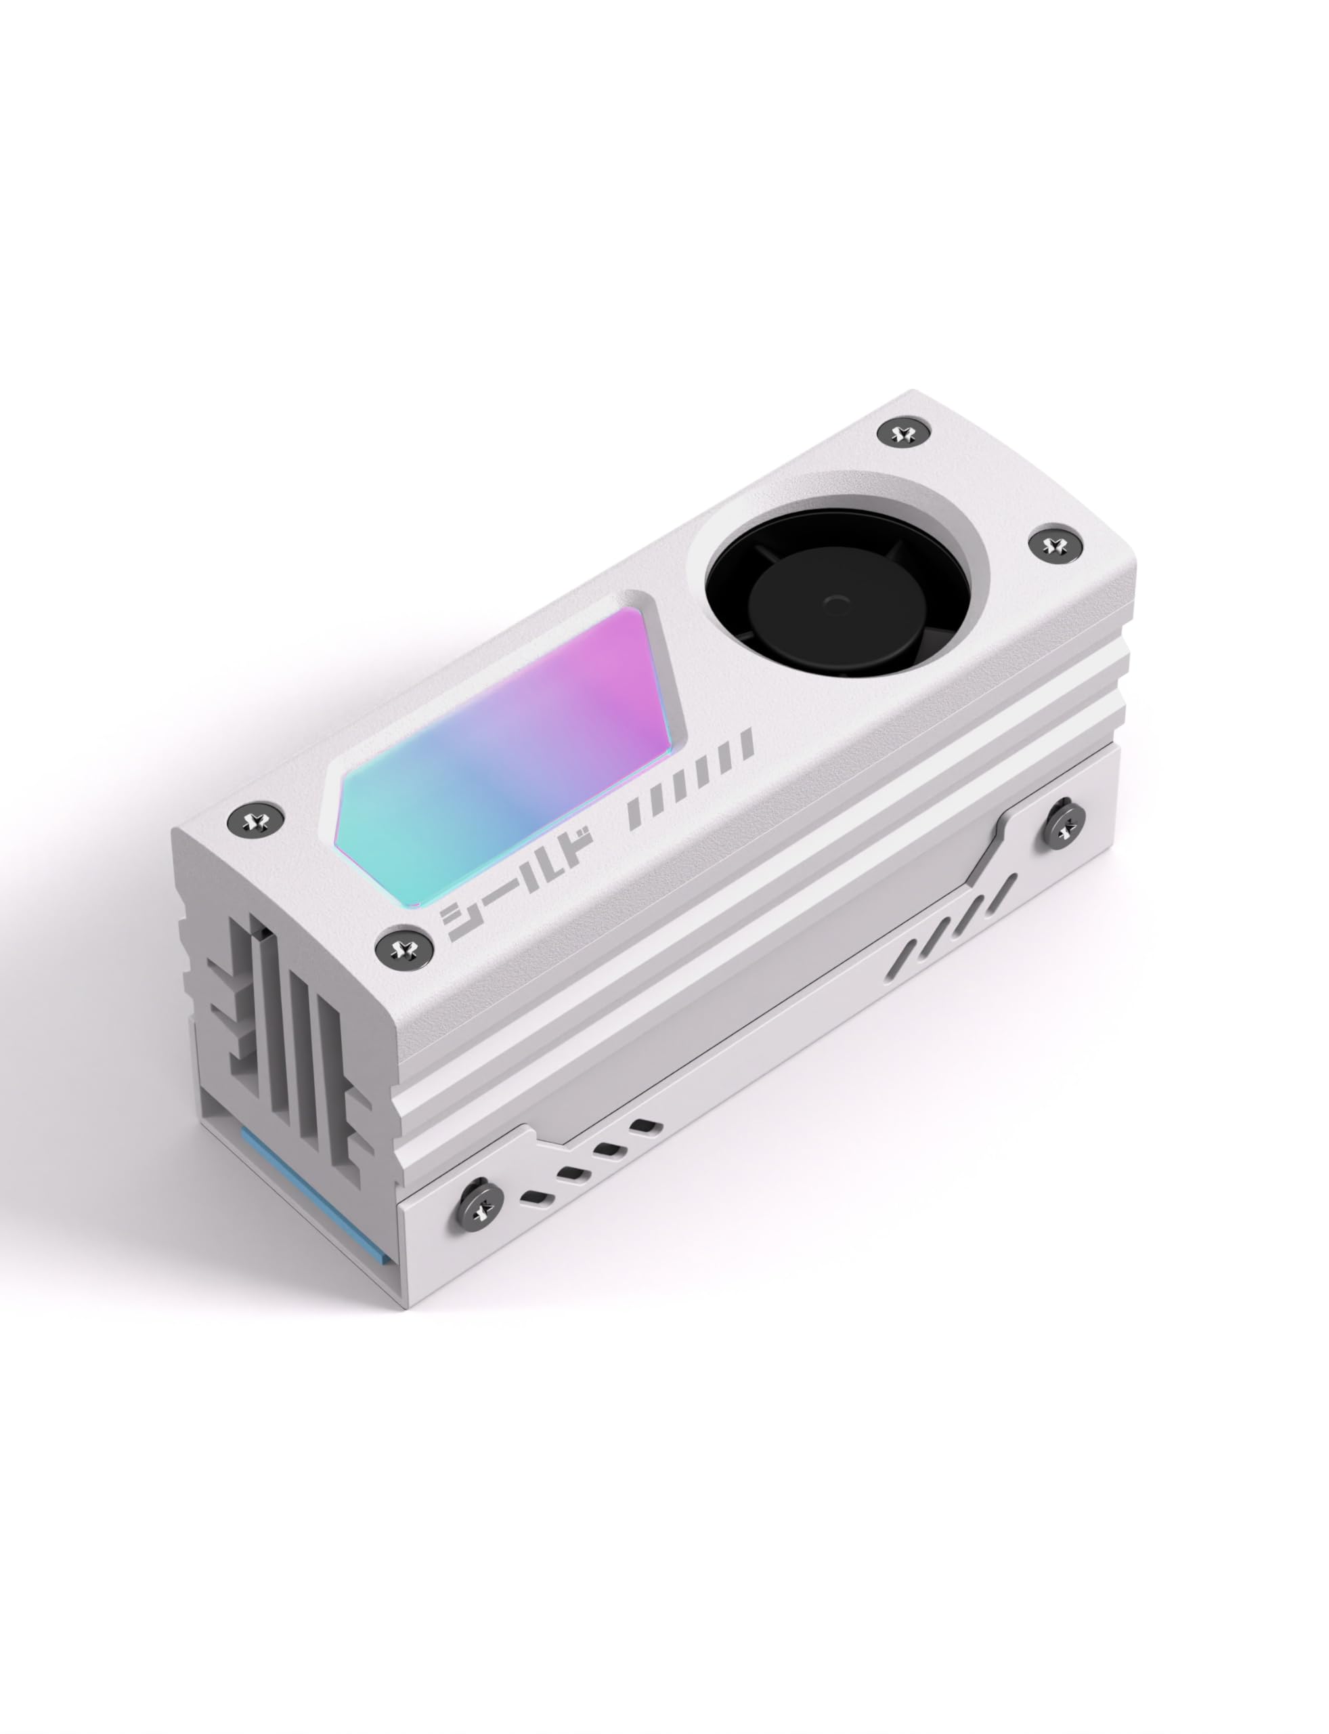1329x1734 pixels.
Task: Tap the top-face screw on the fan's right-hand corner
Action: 1053,545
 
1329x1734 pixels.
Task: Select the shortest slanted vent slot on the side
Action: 911,949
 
